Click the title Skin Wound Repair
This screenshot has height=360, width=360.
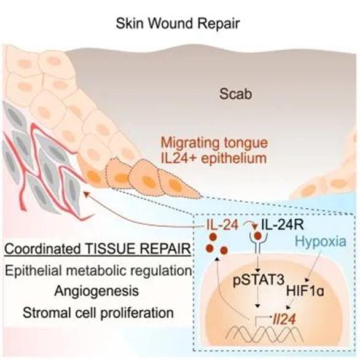pos(178,23)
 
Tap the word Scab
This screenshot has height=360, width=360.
pos(235,94)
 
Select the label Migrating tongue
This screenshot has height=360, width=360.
pos(214,143)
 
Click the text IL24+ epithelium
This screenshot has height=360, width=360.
pos(214,158)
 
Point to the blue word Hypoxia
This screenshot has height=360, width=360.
pos(321,241)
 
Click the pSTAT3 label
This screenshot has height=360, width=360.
pos(259,280)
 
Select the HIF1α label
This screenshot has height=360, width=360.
pos(305,291)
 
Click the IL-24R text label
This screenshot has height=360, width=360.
pos(283,225)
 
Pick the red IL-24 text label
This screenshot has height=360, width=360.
pos(222,225)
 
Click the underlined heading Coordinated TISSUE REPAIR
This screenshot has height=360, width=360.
pos(98,249)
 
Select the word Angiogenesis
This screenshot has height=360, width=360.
pos(96,292)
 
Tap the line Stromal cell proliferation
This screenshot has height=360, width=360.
pos(98,313)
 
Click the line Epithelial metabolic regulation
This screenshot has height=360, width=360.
pos(98,271)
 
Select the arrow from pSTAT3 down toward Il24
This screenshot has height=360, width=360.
pos(257,297)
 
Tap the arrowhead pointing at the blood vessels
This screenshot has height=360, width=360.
pos(86,195)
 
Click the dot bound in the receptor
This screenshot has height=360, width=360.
pos(258,236)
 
